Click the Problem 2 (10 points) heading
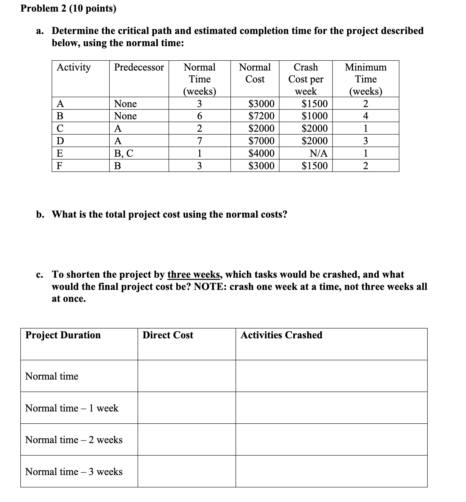click(68, 9)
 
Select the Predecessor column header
click(139, 67)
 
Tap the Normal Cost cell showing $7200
click(261, 116)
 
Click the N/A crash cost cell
click(318, 153)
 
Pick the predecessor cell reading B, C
click(124, 153)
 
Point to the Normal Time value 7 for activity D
click(199, 141)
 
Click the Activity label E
click(60, 153)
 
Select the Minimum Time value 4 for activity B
click(365, 116)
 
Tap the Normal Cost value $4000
click(261, 153)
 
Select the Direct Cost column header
click(168, 335)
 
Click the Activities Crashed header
click(281, 335)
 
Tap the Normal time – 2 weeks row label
click(74, 440)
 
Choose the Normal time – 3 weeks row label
click(74, 472)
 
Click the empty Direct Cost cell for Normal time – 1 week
click(186, 408)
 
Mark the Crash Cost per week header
click(306, 79)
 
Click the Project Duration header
click(63, 335)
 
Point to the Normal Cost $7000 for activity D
click(261, 141)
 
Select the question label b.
click(40, 215)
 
